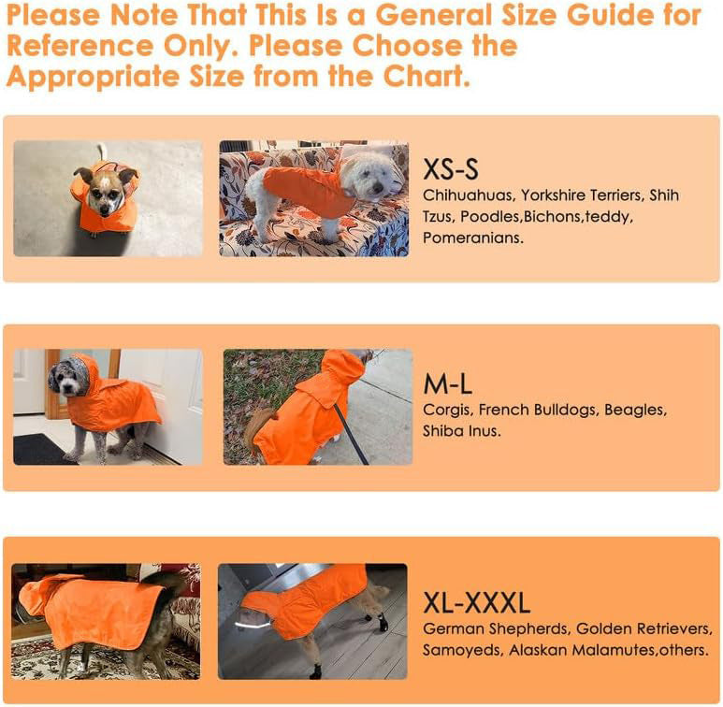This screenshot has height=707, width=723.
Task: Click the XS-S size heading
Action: pos(451,169)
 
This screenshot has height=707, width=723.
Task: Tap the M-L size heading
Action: pos(448,384)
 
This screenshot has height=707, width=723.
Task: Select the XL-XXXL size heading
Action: pos(476,603)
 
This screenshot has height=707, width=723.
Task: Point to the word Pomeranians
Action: pos(473,238)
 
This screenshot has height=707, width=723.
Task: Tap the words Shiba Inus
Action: pos(461,431)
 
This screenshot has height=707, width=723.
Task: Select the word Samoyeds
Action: pos(463,650)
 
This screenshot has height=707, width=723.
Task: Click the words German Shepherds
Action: pos(496,628)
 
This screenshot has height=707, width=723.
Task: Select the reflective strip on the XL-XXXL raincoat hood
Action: pos(253,625)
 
